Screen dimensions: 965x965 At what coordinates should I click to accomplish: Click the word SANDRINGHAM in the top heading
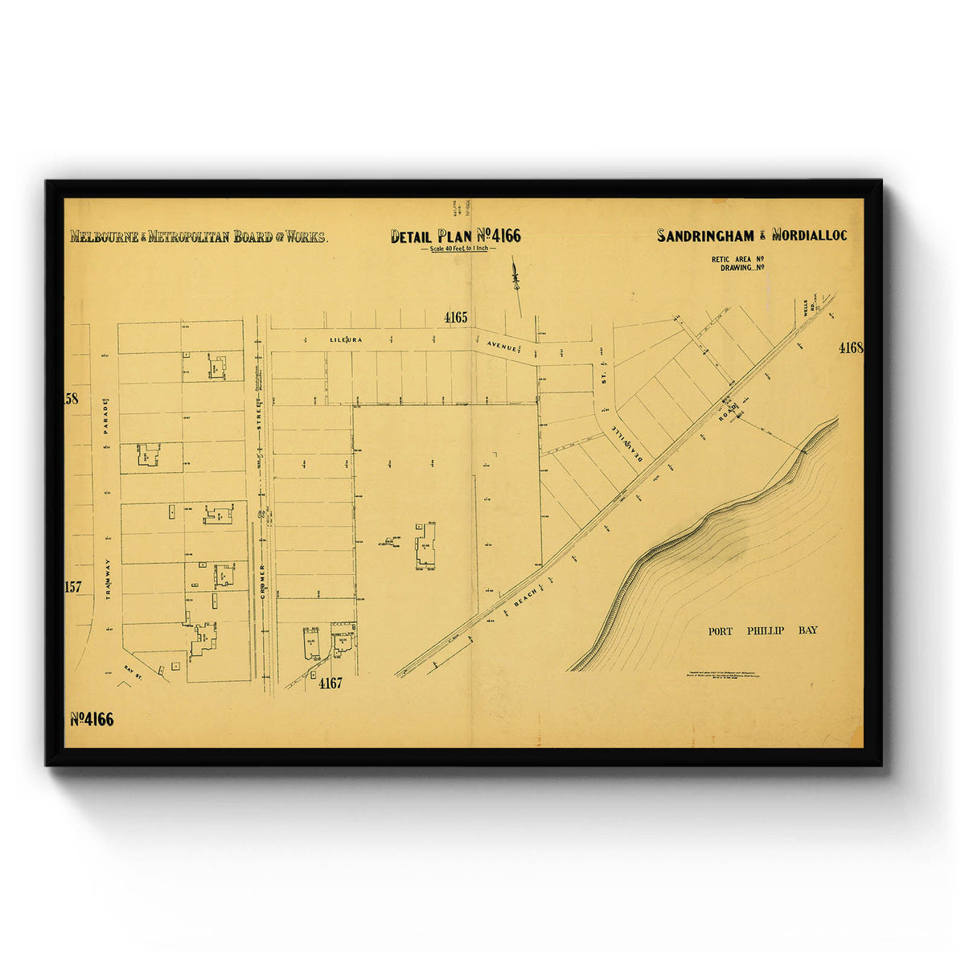(705, 236)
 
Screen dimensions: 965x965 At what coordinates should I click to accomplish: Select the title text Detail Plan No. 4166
(455, 236)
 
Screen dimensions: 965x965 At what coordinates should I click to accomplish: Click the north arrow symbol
(515, 281)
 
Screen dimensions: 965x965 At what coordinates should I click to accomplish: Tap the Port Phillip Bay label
(762, 630)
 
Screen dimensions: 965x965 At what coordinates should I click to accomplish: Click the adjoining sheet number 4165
(455, 318)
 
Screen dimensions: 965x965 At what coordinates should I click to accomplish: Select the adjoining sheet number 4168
(850, 348)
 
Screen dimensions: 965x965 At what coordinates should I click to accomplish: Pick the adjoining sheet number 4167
(330, 684)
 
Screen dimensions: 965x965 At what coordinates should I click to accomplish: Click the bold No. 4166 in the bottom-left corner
(92, 720)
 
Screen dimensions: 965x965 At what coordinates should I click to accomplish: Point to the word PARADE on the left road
(105, 415)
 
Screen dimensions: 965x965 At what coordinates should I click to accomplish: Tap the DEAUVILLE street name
(628, 442)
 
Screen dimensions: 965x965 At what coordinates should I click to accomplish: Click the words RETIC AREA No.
(737, 260)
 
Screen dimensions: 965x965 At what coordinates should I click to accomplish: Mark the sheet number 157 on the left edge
(73, 587)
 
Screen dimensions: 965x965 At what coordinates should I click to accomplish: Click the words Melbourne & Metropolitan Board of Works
(198, 236)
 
